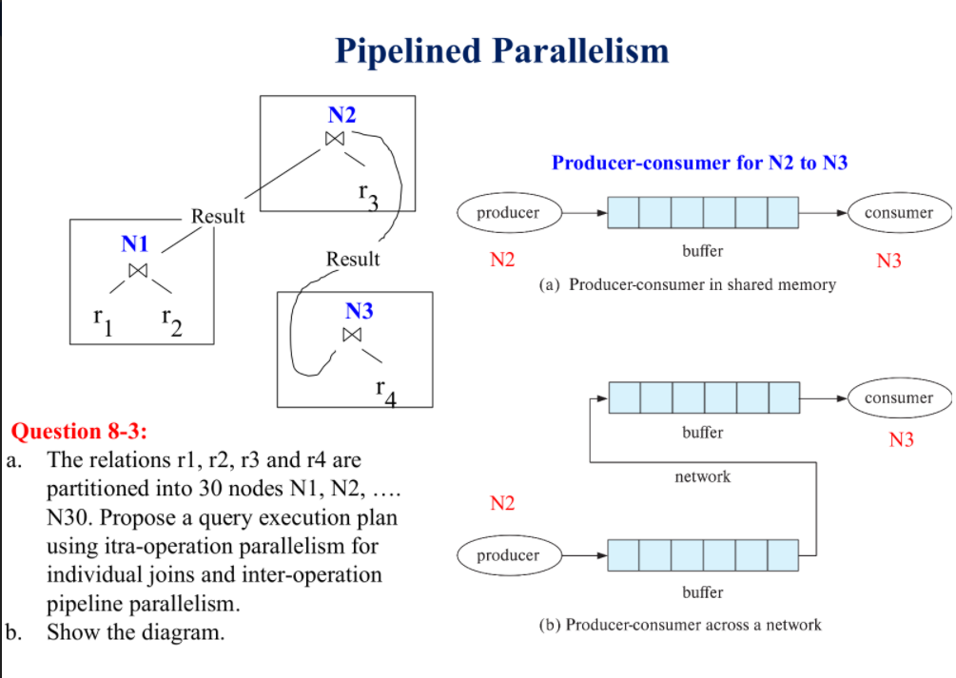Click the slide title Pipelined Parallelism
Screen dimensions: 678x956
tap(502, 49)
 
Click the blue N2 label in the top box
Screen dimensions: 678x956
tap(341, 115)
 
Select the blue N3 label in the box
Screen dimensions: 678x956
tap(359, 310)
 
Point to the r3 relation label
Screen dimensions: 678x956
tap(368, 196)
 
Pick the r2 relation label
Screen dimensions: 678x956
tap(172, 324)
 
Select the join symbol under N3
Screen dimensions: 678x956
tap(353, 335)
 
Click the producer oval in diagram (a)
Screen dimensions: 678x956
tap(508, 213)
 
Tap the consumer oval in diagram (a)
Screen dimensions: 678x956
tap(899, 213)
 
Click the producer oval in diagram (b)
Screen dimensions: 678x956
tap(508, 555)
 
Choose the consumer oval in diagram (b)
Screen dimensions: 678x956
tap(899, 397)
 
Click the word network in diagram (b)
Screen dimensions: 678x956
tap(702, 476)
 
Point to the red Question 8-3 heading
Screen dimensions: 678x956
tap(77, 431)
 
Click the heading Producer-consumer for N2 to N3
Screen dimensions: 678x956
tap(699, 163)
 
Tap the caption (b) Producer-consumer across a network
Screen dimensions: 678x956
tap(679, 625)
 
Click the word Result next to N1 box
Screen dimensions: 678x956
tap(218, 216)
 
